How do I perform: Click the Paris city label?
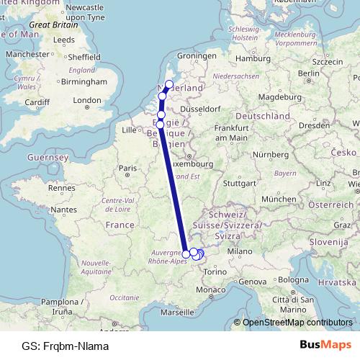[x=127, y=168]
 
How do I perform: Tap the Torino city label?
[x=215, y=271]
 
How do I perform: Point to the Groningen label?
[x=197, y=55]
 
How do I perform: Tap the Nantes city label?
[x=64, y=209]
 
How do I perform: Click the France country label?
[x=120, y=225]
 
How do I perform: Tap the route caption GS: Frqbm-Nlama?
[x=66, y=346]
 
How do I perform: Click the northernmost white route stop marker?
[x=169, y=84]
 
